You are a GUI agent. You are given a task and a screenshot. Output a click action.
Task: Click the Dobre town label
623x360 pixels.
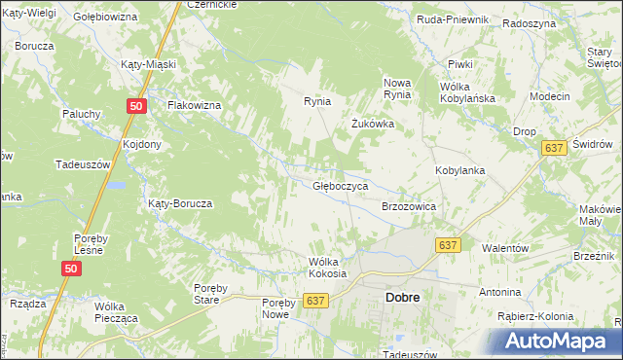[x=402, y=299]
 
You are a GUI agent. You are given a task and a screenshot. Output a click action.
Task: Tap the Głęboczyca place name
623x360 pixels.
[x=340, y=185]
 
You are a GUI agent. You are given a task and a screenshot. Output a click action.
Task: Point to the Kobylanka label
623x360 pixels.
[x=459, y=170]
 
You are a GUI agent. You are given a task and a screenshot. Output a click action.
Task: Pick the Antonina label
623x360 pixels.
[x=500, y=292]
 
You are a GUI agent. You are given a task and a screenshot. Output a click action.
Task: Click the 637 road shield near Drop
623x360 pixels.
[x=554, y=147]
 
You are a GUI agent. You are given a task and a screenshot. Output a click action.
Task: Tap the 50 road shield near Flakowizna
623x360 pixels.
[x=136, y=106]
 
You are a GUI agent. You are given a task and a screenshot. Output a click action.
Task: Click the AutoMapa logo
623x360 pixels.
[x=558, y=341]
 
